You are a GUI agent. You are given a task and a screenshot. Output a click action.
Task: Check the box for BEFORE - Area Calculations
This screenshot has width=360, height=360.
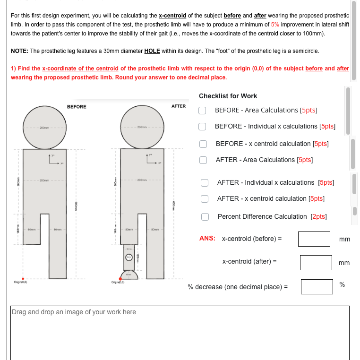202,111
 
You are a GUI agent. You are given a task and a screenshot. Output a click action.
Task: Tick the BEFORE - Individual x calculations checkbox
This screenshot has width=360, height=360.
202,127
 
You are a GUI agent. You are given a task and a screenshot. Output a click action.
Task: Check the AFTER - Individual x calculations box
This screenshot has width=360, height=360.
204,183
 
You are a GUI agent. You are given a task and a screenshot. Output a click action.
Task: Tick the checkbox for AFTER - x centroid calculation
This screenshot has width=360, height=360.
204,199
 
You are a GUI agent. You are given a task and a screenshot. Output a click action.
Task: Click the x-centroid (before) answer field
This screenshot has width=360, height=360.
314,239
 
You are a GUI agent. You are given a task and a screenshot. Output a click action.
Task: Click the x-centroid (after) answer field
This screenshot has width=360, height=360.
316,263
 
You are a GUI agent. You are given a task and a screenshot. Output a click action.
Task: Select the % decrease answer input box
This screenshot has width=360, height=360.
317,286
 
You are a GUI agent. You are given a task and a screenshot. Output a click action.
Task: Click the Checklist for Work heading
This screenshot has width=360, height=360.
228,96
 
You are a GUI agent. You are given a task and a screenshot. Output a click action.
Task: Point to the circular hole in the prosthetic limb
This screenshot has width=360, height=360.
129,257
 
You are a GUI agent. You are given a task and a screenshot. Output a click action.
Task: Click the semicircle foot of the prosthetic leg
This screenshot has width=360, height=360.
129,275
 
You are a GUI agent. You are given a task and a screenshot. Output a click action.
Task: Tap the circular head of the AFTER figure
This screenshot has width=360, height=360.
142,127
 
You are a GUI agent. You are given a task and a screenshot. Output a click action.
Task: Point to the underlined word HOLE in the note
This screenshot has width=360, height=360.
152,51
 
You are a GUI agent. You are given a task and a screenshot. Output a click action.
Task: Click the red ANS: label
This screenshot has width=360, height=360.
207,239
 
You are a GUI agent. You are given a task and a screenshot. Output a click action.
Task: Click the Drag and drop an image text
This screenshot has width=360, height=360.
74,312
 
